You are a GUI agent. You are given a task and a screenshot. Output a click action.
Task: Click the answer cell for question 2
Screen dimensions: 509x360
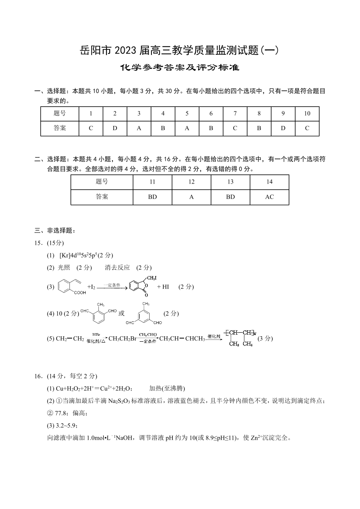point(115,128)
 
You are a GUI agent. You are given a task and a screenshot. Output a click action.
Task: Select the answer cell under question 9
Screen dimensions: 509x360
point(283,128)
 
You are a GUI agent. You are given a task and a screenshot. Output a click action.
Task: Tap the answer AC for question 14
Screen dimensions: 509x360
point(269,197)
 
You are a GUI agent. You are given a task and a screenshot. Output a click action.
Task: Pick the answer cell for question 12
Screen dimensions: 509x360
point(191,197)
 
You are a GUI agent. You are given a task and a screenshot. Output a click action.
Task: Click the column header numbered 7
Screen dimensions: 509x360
point(235,113)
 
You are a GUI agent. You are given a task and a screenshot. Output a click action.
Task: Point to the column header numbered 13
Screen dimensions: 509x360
point(230,182)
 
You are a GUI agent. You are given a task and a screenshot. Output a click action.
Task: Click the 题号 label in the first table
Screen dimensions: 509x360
point(59,113)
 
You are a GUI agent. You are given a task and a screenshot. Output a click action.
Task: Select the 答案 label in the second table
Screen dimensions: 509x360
point(102,197)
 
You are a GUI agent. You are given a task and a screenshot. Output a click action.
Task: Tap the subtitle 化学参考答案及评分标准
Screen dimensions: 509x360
point(180,68)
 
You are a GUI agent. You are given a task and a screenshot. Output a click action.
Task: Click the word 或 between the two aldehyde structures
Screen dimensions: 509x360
point(121,313)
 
